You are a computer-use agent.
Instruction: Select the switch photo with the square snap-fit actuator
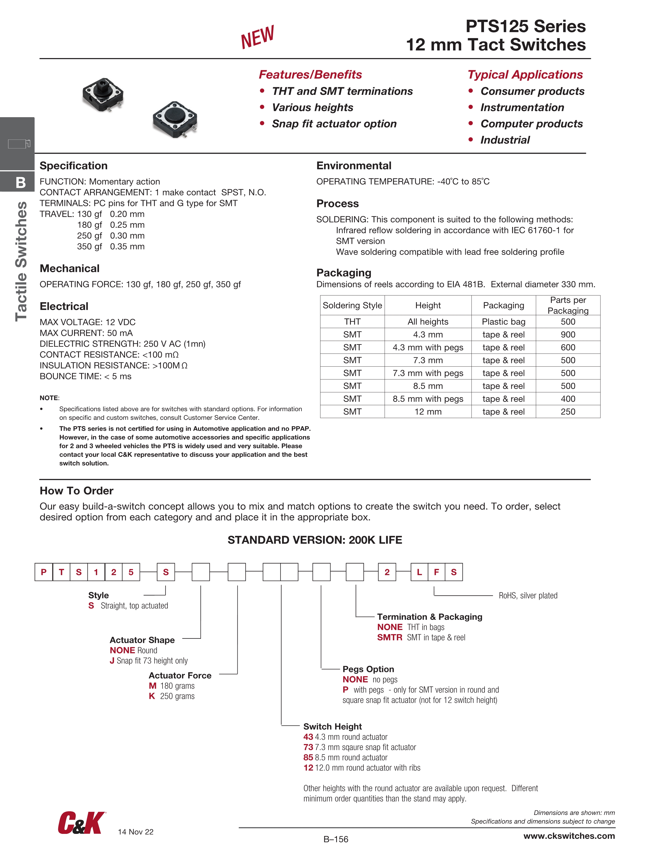[103, 94]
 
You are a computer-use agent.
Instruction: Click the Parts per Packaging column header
[568, 305]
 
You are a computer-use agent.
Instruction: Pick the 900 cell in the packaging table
[568, 334]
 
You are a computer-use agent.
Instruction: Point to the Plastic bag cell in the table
[503, 322]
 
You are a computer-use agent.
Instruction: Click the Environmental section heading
[354, 166]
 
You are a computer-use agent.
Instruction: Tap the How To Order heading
[76, 491]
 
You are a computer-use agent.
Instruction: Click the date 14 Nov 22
[136, 832]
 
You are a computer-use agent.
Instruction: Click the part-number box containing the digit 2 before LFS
[387, 572]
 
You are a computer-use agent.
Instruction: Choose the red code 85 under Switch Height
[308, 757]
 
